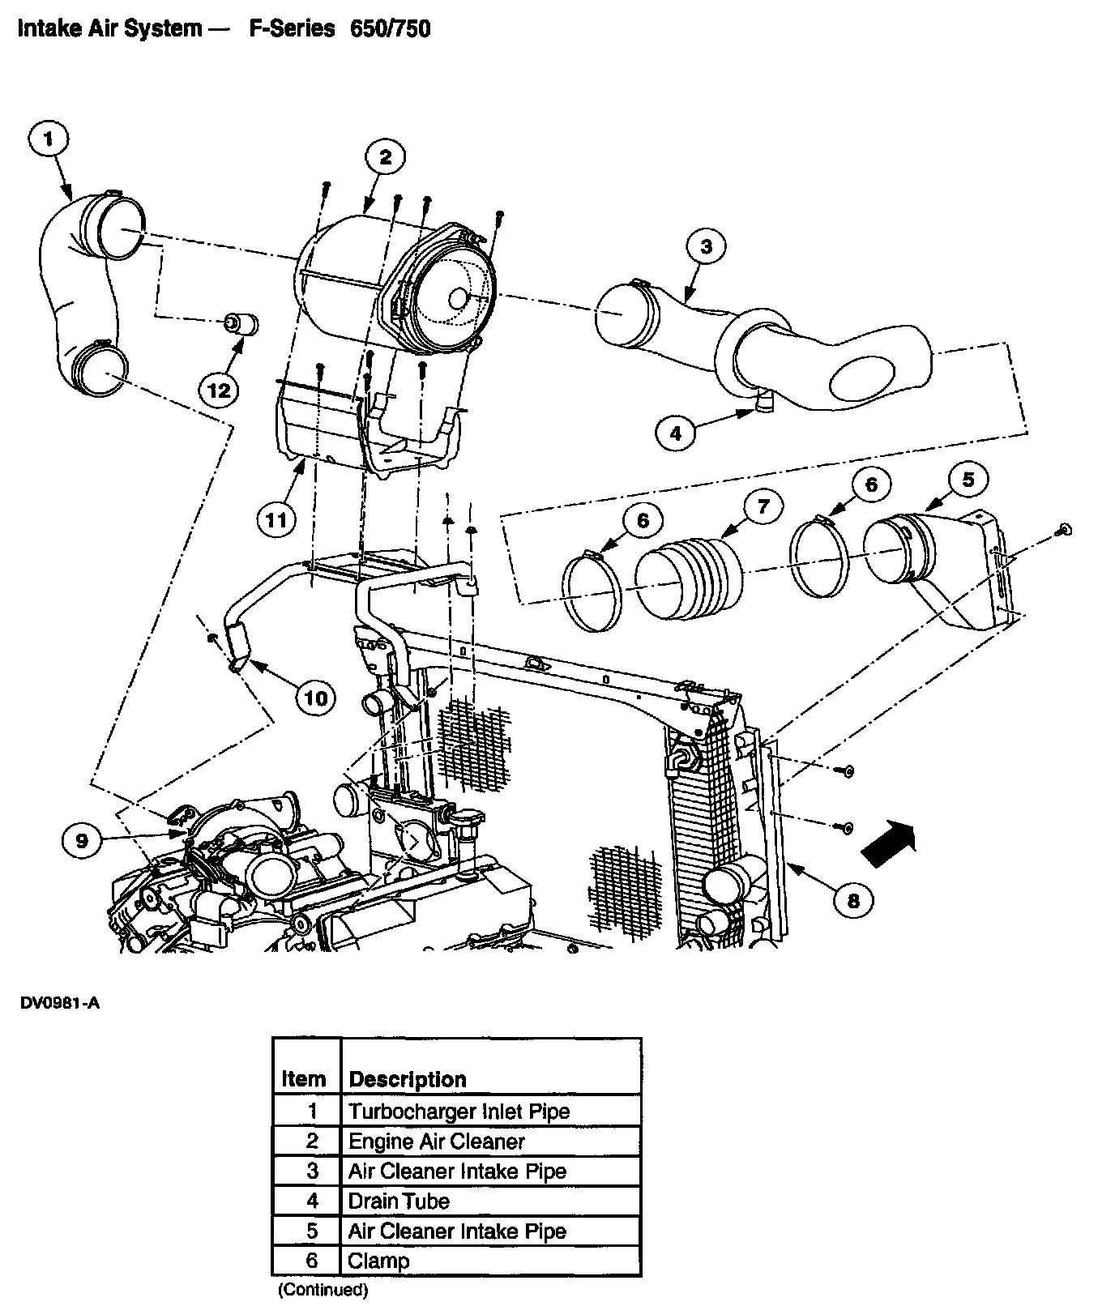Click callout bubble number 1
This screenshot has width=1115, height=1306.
(49, 139)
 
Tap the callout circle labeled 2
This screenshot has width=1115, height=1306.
(385, 157)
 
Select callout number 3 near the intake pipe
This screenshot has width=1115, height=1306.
(706, 246)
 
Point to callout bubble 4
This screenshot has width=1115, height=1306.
(677, 433)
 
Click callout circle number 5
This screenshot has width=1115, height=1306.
(968, 480)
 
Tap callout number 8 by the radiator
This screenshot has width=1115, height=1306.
(854, 899)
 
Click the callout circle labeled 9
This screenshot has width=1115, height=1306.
(82, 840)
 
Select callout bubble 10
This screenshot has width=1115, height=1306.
(315, 697)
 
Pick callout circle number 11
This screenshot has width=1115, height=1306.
(276, 519)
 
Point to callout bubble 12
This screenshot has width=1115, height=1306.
(219, 390)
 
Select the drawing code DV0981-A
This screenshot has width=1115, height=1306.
(59, 1004)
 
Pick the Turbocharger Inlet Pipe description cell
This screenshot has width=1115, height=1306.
(459, 1111)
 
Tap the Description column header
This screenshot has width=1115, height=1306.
(408, 1079)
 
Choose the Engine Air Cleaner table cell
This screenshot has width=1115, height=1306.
(437, 1141)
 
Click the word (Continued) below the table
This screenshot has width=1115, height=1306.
(323, 1289)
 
